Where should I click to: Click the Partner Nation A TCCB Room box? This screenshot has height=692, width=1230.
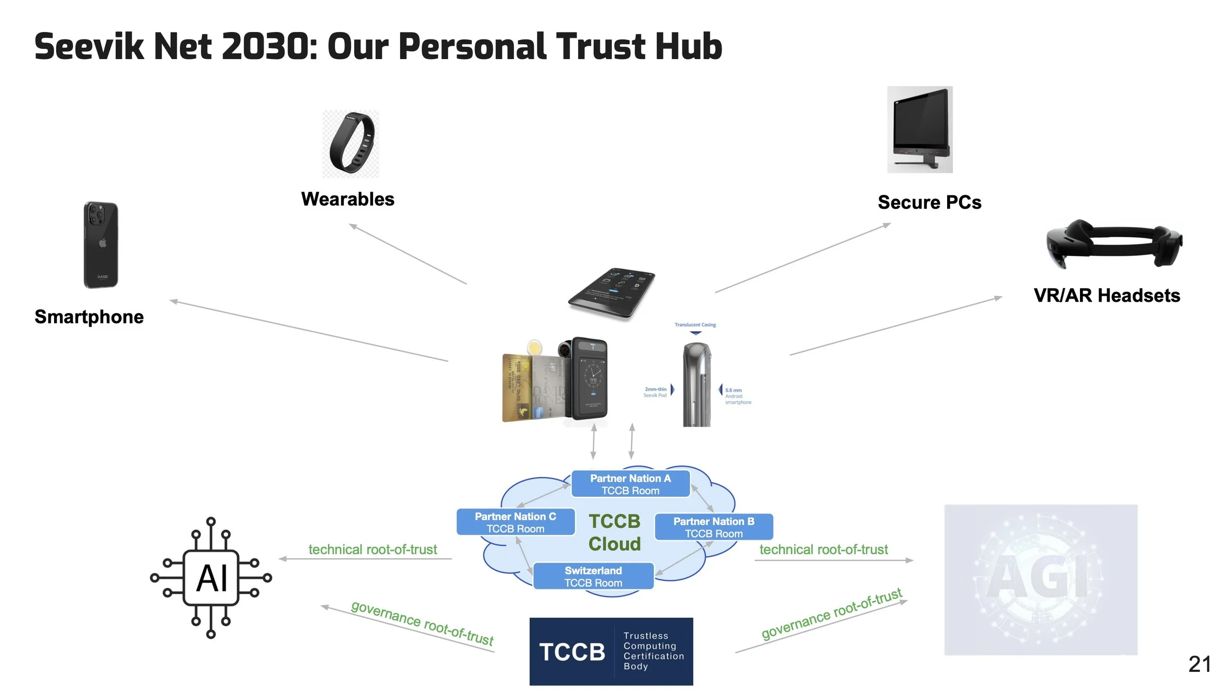(630, 484)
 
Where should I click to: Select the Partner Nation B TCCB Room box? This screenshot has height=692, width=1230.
(713, 527)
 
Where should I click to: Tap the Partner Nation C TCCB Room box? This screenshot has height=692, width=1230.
(516, 522)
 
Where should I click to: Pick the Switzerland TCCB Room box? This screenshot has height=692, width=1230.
(593, 576)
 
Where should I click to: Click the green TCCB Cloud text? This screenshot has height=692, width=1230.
(615, 533)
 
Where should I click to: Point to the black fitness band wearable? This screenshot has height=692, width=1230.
(351, 143)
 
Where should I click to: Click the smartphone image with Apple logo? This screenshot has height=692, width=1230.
(101, 245)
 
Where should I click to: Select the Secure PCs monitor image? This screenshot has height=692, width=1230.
(920, 129)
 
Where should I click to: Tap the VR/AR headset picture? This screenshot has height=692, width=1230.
(1114, 244)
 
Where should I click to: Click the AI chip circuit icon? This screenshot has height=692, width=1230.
(211, 578)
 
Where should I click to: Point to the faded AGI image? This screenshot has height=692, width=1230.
(1041, 580)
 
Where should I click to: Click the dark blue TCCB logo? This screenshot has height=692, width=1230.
(611, 651)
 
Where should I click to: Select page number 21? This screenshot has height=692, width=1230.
(1199, 664)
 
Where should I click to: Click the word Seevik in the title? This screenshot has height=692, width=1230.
(89, 47)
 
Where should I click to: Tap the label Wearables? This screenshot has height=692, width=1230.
(347, 199)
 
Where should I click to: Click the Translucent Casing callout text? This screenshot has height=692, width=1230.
(695, 325)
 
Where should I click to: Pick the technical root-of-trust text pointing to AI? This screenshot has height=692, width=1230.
(372, 549)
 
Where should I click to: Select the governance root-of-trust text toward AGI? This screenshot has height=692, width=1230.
(831, 614)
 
